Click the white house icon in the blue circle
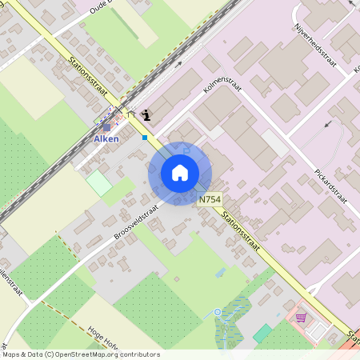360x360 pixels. pyautogui.click(x=180, y=173)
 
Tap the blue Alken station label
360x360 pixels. pyautogui.click(x=106, y=139)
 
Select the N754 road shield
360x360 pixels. pyautogui.click(x=210, y=199)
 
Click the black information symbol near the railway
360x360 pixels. pyautogui.click(x=145, y=114)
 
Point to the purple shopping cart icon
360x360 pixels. pyautogui.click(x=301, y=317)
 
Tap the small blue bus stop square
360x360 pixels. pyautogui.click(x=145, y=138)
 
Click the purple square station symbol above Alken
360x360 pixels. pyautogui.click(x=106, y=126)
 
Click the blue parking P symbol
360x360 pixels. pyautogui.click(x=186, y=147)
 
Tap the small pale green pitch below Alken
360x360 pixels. pyautogui.click(x=99, y=182)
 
